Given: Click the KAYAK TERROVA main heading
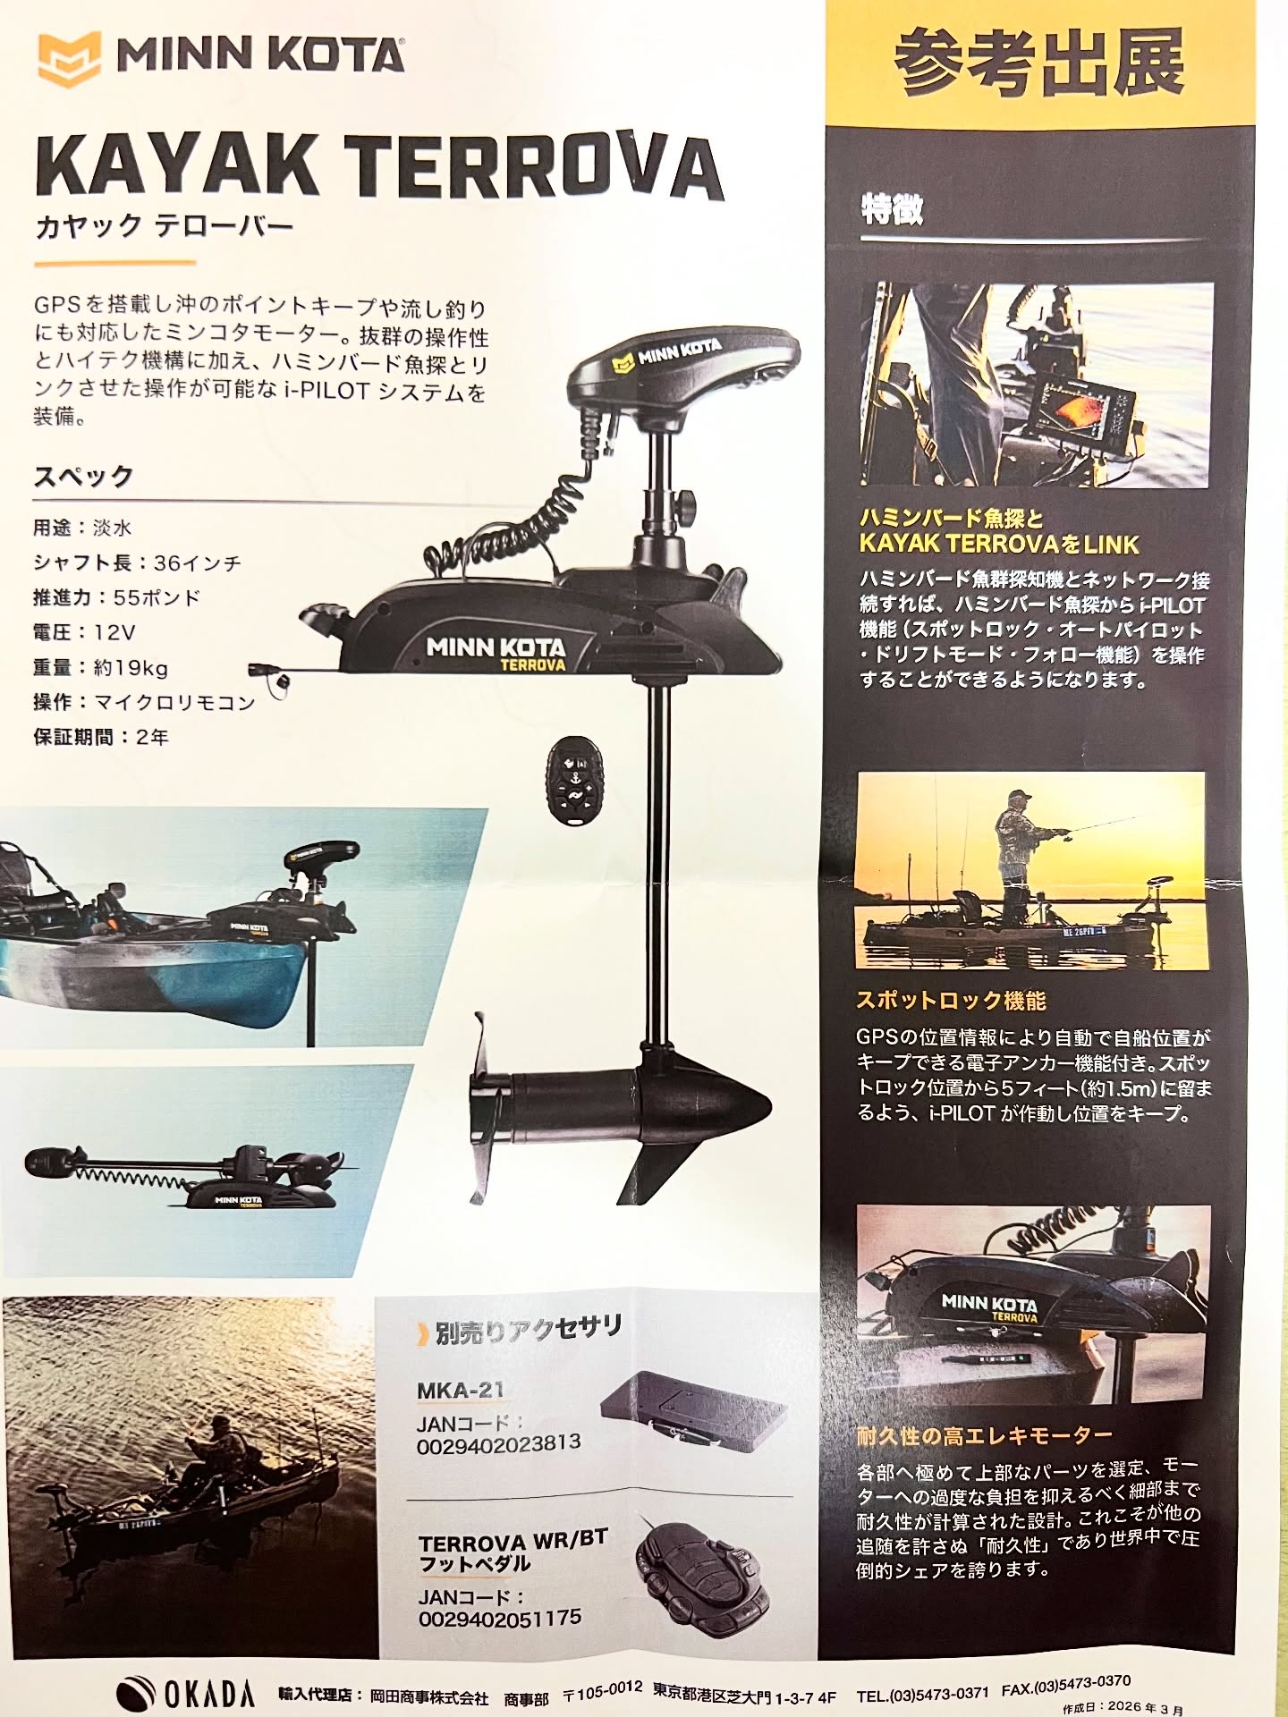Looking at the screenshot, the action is (378, 170).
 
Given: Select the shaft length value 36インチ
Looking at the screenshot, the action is (197, 562).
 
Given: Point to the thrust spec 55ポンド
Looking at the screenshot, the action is (157, 597).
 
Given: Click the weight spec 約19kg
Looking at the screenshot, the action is (131, 667).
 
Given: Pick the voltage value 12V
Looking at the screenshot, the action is (114, 632).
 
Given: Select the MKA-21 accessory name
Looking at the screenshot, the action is (461, 1390).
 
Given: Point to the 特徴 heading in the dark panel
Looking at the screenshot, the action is (892, 209).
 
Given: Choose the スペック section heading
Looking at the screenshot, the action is (83, 476).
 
